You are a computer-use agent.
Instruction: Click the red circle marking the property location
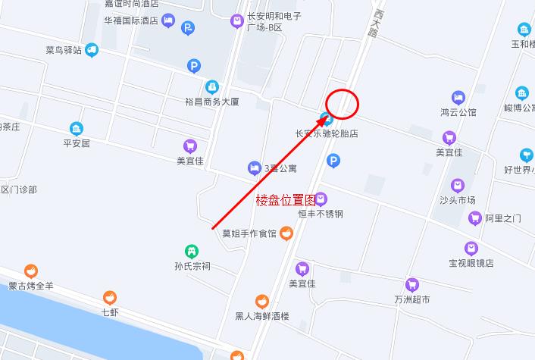(x=343, y=104)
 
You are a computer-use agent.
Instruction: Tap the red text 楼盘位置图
(x=285, y=200)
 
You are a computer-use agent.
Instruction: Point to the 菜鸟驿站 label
(x=64, y=51)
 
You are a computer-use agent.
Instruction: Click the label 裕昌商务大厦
(x=212, y=101)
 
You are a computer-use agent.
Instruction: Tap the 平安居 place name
(x=76, y=142)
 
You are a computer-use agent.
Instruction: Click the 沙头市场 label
(x=457, y=200)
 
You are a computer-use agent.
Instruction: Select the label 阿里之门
(x=503, y=218)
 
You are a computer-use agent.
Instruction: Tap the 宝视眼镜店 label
(x=471, y=263)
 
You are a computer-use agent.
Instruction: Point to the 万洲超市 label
(x=411, y=299)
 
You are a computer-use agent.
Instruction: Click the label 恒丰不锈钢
(x=321, y=214)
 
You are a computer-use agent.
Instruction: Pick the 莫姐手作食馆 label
(x=249, y=233)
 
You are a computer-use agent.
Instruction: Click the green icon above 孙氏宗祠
(x=192, y=251)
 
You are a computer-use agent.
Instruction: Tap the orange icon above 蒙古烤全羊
(x=31, y=271)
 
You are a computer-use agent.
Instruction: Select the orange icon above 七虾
(x=110, y=296)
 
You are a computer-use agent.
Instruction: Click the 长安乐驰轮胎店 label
(x=327, y=133)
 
